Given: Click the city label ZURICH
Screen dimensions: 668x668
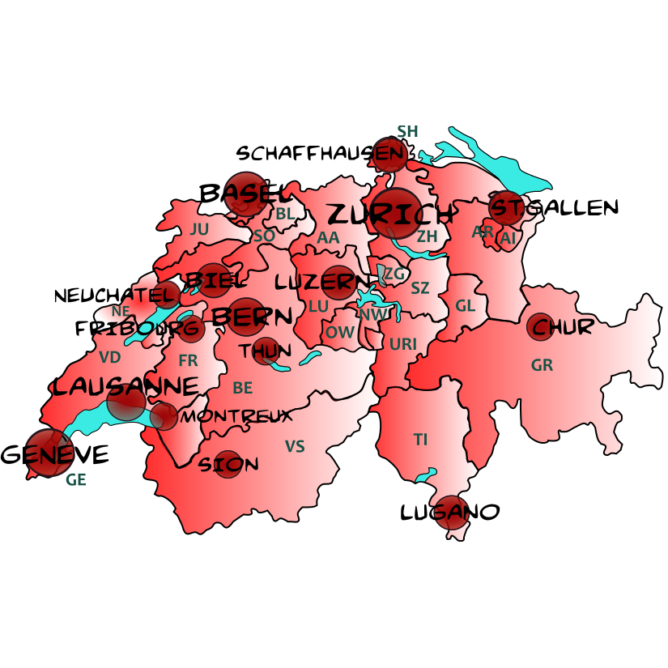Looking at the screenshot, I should [x=390, y=215].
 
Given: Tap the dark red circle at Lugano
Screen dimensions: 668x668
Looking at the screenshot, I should [x=452, y=513].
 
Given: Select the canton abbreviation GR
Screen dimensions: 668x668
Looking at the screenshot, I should [x=542, y=365].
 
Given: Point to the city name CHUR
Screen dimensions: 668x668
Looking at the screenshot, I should [x=564, y=327].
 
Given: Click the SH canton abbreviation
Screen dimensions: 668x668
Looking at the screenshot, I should [x=407, y=131].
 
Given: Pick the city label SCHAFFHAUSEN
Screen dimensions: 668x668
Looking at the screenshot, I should [x=319, y=153].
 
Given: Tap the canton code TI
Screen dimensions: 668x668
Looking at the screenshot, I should [x=420, y=440].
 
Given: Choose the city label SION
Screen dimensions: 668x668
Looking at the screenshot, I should [x=229, y=465].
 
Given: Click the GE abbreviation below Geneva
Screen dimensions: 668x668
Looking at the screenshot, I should [x=75, y=479].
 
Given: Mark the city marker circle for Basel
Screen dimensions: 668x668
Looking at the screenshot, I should [x=245, y=194].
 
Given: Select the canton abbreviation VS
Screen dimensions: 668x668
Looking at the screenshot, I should [x=295, y=446].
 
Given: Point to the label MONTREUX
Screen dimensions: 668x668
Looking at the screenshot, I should [x=236, y=417].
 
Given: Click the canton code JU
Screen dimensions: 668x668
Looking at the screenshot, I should [x=199, y=229].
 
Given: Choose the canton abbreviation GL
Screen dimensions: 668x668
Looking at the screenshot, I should [x=465, y=306].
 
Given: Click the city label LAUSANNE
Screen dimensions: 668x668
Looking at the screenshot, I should [x=125, y=386].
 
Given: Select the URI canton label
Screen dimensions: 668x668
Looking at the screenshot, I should [x=402, y=344].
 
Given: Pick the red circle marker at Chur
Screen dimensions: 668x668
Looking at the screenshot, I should [x=540, y=326].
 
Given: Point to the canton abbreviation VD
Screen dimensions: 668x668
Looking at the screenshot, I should [x=109, y=357].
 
